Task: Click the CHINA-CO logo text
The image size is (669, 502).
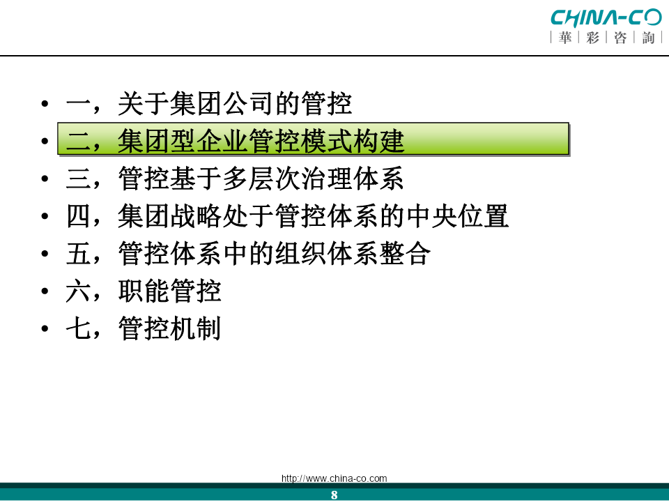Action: click(x=606, y=17)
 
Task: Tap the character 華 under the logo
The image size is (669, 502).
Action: click(x=565, y=38)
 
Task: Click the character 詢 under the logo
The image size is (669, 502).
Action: click(x=648, y=38)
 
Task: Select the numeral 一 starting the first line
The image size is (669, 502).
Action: click(x=79, y=104)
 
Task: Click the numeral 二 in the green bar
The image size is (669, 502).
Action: click(x=79, y=142)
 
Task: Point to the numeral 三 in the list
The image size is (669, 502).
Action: click(x=79, y=178)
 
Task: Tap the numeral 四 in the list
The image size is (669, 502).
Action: click(x=79, y=216)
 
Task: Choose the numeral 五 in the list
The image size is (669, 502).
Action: click(x=79, y=254)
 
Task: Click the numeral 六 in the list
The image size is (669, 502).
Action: click(x=79, y=291)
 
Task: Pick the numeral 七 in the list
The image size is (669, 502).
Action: click(x=79, y=328)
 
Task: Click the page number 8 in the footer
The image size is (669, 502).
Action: click(x=334, y=495)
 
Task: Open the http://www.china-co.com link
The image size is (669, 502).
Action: click(x=334, y=478)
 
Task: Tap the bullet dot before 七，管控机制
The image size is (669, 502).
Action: click(x=45, y=328)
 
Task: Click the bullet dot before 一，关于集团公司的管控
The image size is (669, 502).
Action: click(x=45, y=104)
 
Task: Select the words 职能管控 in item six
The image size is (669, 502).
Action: click(x=170, y=291)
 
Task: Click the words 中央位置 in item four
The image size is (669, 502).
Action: click(x=457, y=216)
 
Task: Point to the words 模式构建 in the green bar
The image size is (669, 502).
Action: click(x=353, y=142)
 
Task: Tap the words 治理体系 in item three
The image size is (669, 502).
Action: click(x=353, y=178)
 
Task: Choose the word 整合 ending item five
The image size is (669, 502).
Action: click(x=405, y=254)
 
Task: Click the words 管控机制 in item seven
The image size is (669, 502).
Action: click(x=170, y=328)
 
